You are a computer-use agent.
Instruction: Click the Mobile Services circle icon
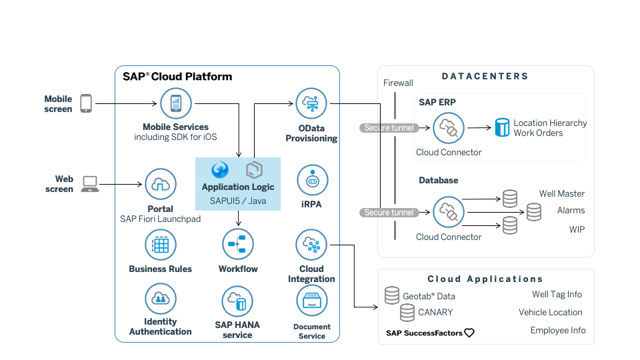176,104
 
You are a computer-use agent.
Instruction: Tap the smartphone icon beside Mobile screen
85,103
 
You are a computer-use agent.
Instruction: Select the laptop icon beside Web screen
89,184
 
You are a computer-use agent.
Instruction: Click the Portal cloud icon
161,185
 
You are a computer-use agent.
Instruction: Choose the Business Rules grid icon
161,245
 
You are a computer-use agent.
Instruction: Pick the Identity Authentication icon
161,298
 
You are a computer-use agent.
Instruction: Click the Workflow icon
238,245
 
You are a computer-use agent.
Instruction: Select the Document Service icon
311,302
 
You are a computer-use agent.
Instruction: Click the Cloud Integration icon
311,245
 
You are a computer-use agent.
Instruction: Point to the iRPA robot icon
311,181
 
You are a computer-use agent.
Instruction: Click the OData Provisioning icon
311,104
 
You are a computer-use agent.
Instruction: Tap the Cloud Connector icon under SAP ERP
449,128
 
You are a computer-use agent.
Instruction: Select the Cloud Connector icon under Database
449,213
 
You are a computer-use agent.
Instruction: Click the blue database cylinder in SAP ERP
502,127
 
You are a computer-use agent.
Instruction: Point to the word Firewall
399,83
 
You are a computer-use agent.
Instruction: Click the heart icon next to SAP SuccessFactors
469,333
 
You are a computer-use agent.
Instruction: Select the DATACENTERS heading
485,77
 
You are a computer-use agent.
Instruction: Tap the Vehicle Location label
550,312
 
